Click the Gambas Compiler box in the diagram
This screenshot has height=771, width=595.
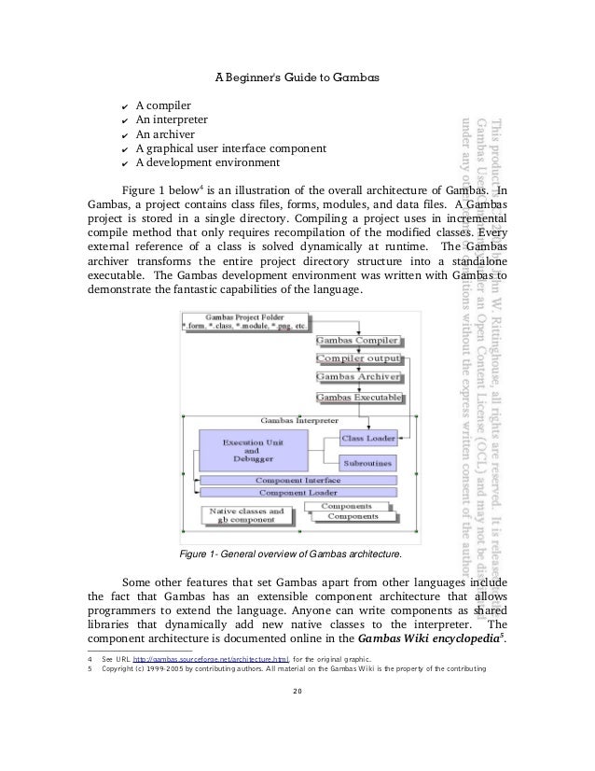pyautogui.click(x=359, y=342)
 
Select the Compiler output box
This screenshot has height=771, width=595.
pyautogui.click(x=359, y=359)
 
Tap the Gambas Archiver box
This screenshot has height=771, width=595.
pyautogui.click(x=359, y=378)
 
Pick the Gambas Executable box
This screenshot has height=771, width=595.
pyautogui.click(x=359, y=398)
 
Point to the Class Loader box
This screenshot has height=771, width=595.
pyautogui.click(x=367, y=437)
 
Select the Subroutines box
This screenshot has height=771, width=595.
pyautogui.click(x=367, y=462)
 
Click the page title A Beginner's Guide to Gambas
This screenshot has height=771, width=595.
pyautogui.click(x=297, y=77)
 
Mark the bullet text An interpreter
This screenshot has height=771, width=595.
pyautogui.click(x=172, y=119)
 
